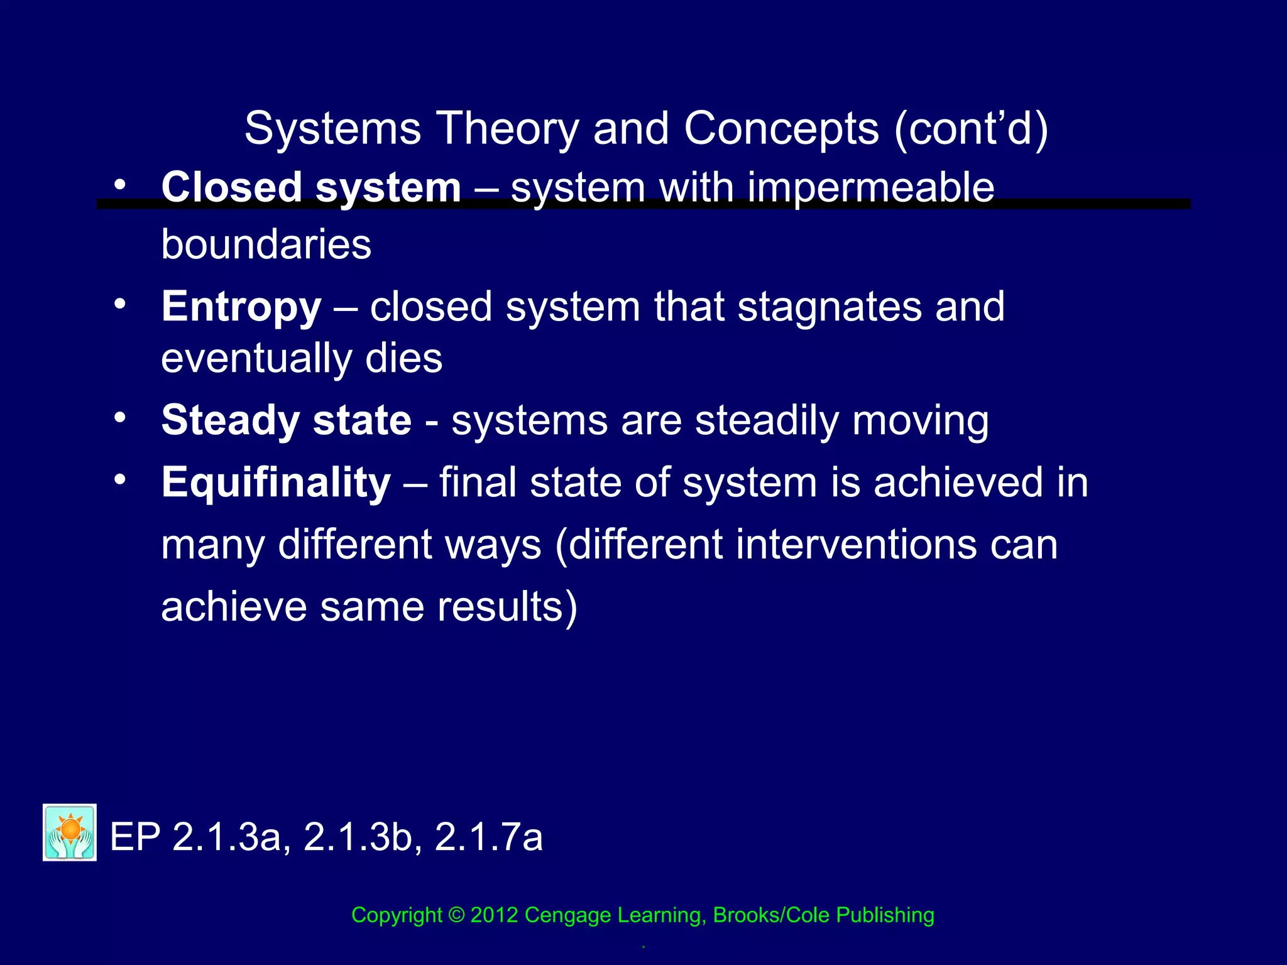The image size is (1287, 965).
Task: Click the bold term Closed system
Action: [x=311, y=188]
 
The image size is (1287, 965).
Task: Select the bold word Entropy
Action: [x=241, y=307]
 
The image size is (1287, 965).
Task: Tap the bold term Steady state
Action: [x=287, y=420]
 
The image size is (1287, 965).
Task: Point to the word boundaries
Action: [x=266, y=244]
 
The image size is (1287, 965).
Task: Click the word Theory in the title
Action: [x=507, y=129]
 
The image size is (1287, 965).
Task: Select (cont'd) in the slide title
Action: [x=970, y=129]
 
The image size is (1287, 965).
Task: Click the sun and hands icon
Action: [x=70, y=832]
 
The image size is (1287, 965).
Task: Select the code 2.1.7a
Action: [x=488, y=837]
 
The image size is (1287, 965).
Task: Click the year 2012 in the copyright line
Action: [x=494, y=915]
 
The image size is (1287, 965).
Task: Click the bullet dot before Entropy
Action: [x=120, y=304]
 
